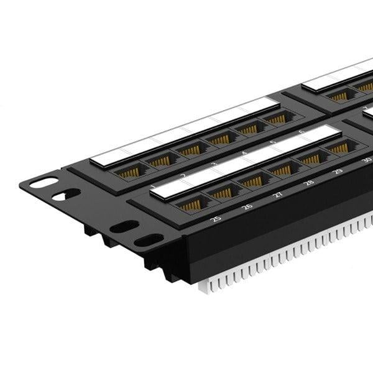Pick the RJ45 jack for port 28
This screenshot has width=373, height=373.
coord(283,170)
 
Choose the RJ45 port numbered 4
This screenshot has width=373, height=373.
coord(219,139)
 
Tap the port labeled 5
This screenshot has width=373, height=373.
coord(248,129)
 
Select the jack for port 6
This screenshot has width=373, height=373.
coord(275,119)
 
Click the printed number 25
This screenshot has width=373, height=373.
coord(216,219)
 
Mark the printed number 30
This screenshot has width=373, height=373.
coord(366,159)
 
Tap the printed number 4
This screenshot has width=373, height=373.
coord(244,152)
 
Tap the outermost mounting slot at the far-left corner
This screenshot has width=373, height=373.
coord(43,183)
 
